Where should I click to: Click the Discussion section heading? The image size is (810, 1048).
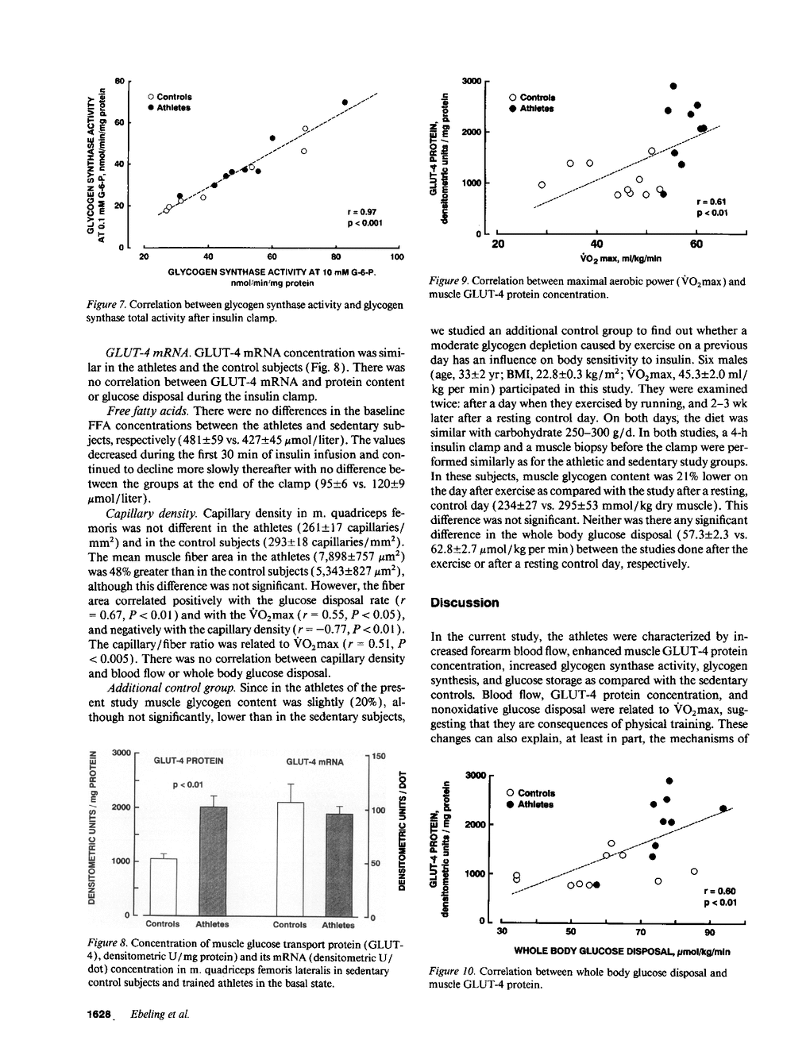(465, 603)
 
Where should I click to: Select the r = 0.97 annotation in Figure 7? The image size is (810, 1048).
(362, 212)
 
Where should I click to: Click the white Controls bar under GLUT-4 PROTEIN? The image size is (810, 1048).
(163, 886)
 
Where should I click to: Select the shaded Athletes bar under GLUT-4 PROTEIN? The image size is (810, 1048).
(212, 861)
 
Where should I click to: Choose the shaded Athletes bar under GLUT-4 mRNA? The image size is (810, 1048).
(339, 865)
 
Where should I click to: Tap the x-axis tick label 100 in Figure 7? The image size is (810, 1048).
(397, 257)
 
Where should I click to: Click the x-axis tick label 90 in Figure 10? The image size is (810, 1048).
(711, 931)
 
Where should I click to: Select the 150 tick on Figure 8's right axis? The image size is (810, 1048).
(379, 757)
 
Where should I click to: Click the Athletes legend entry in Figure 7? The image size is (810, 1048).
(169, 107)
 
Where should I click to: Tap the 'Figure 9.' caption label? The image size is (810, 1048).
(450, 281)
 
